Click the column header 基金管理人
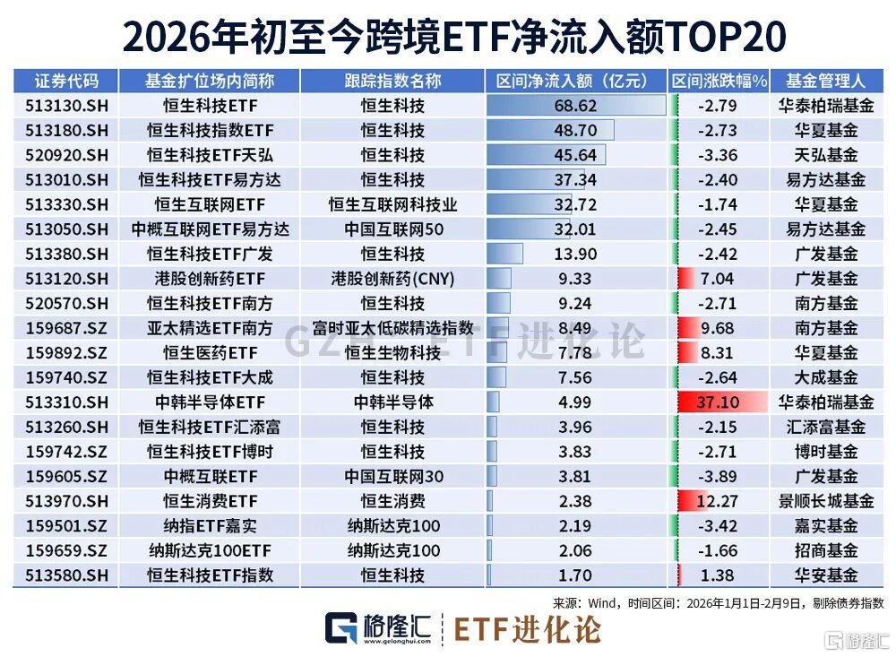[x=825, y=81]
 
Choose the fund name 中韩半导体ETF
[x=209, y=402]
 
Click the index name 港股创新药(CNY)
[x=392, y=279]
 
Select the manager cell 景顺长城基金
[x=825, y=500]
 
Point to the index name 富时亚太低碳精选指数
[x=392, y=328]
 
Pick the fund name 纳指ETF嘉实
[x=209, y=525]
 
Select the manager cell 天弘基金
[x=825, y=155]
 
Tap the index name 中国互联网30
[x=392, y=476]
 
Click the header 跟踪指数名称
[x=392, y=81]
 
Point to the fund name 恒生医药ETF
[x=209, y=352]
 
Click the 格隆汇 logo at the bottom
[x=376, y=629]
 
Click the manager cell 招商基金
[x=825, y=549]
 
